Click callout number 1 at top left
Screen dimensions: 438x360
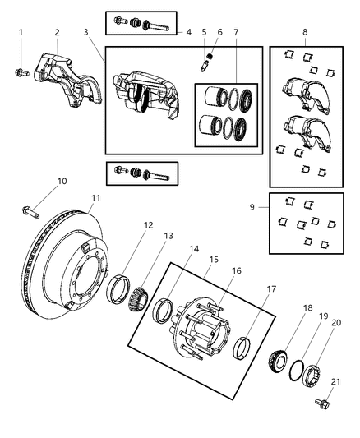(x=21, y=32)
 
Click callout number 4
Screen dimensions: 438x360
(x=188, y=32)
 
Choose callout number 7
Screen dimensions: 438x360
(x=236, y=32)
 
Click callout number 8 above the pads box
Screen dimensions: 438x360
(x=305, y=32)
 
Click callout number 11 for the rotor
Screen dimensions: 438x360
(x=95, y=197)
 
